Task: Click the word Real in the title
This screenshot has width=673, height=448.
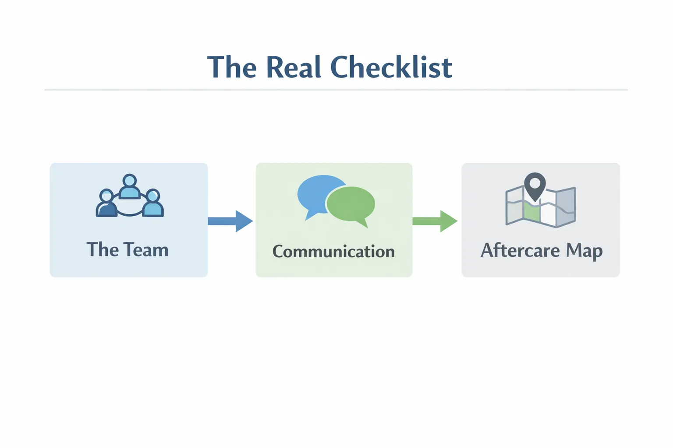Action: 293,67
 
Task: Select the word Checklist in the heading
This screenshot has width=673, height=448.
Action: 391,67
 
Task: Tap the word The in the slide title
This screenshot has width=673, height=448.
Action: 232,67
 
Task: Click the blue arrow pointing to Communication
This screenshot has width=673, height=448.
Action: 230,221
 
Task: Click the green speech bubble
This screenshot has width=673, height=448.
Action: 351,204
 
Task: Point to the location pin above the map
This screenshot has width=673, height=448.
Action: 535,184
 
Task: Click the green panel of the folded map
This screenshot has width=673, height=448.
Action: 531,212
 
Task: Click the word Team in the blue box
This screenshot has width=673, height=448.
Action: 146,250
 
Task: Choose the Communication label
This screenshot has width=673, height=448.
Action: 333,252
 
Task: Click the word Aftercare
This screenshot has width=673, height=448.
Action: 520,250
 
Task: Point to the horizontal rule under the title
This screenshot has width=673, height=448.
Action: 336,90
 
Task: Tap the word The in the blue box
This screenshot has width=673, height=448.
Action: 103,250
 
